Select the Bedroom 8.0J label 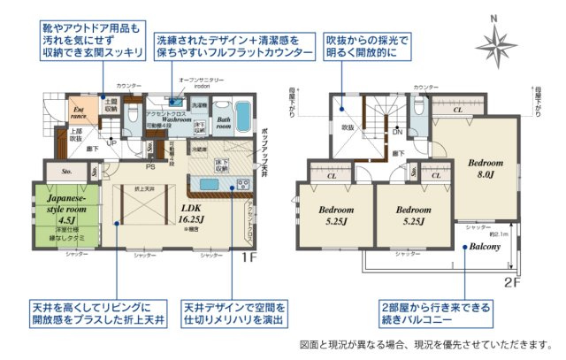pyautogui.click(x=486, y=169)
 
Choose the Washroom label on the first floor pyautogui.click(x=167, y=121)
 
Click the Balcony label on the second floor pyautogui.click(x=486, y=247)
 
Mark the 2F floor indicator pyautogui.click(x=510, y=282)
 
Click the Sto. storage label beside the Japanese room pyautogui.click(x=67, y=172)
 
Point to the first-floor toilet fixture pyautogui.click(x=132, y=114)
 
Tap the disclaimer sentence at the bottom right pyautogui.click(x=425, y=344)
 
